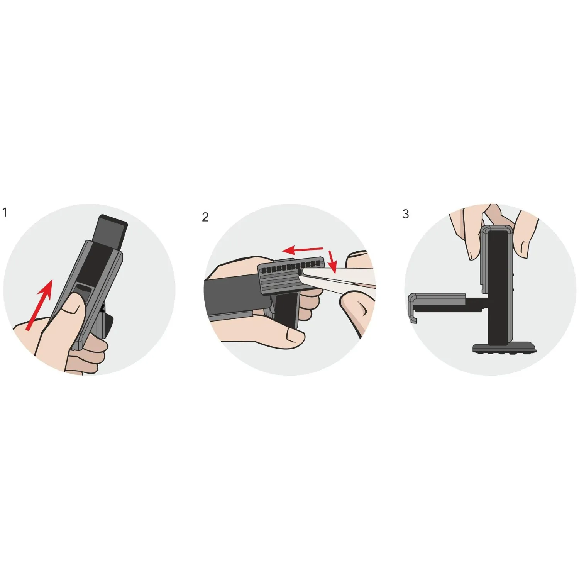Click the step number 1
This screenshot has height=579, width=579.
click(5, 212)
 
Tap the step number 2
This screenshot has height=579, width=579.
click(205, 217)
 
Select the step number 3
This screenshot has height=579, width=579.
click(405, 214)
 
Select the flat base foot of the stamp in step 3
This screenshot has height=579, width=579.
click(505, 349)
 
